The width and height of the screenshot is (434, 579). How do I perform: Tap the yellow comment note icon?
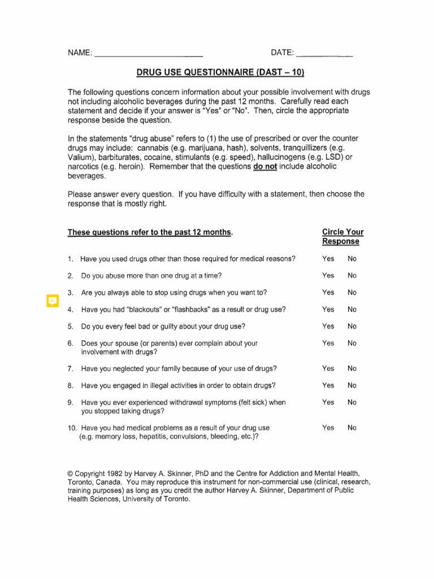coord(52,300)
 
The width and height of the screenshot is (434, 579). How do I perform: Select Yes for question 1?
coord(328,259)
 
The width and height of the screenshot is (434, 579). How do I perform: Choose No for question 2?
coord(352,276)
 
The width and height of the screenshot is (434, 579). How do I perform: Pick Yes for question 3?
coord(328,293)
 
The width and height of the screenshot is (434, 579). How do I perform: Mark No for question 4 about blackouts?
coord(352,309)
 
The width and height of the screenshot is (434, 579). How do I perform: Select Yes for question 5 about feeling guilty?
coord(328,326)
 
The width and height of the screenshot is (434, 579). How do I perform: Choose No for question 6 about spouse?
coord(352,343)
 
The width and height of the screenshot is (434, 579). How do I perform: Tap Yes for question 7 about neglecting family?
coord(328,369)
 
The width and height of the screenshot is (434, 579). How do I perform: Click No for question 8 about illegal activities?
coord(352,386)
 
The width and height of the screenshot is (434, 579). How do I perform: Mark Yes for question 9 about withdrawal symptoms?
coord(328,403)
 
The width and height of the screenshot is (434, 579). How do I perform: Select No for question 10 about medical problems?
coord(352,428)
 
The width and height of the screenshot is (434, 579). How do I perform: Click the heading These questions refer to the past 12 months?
coord(150,232)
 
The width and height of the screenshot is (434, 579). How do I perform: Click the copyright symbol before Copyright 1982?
coord(70,473)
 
